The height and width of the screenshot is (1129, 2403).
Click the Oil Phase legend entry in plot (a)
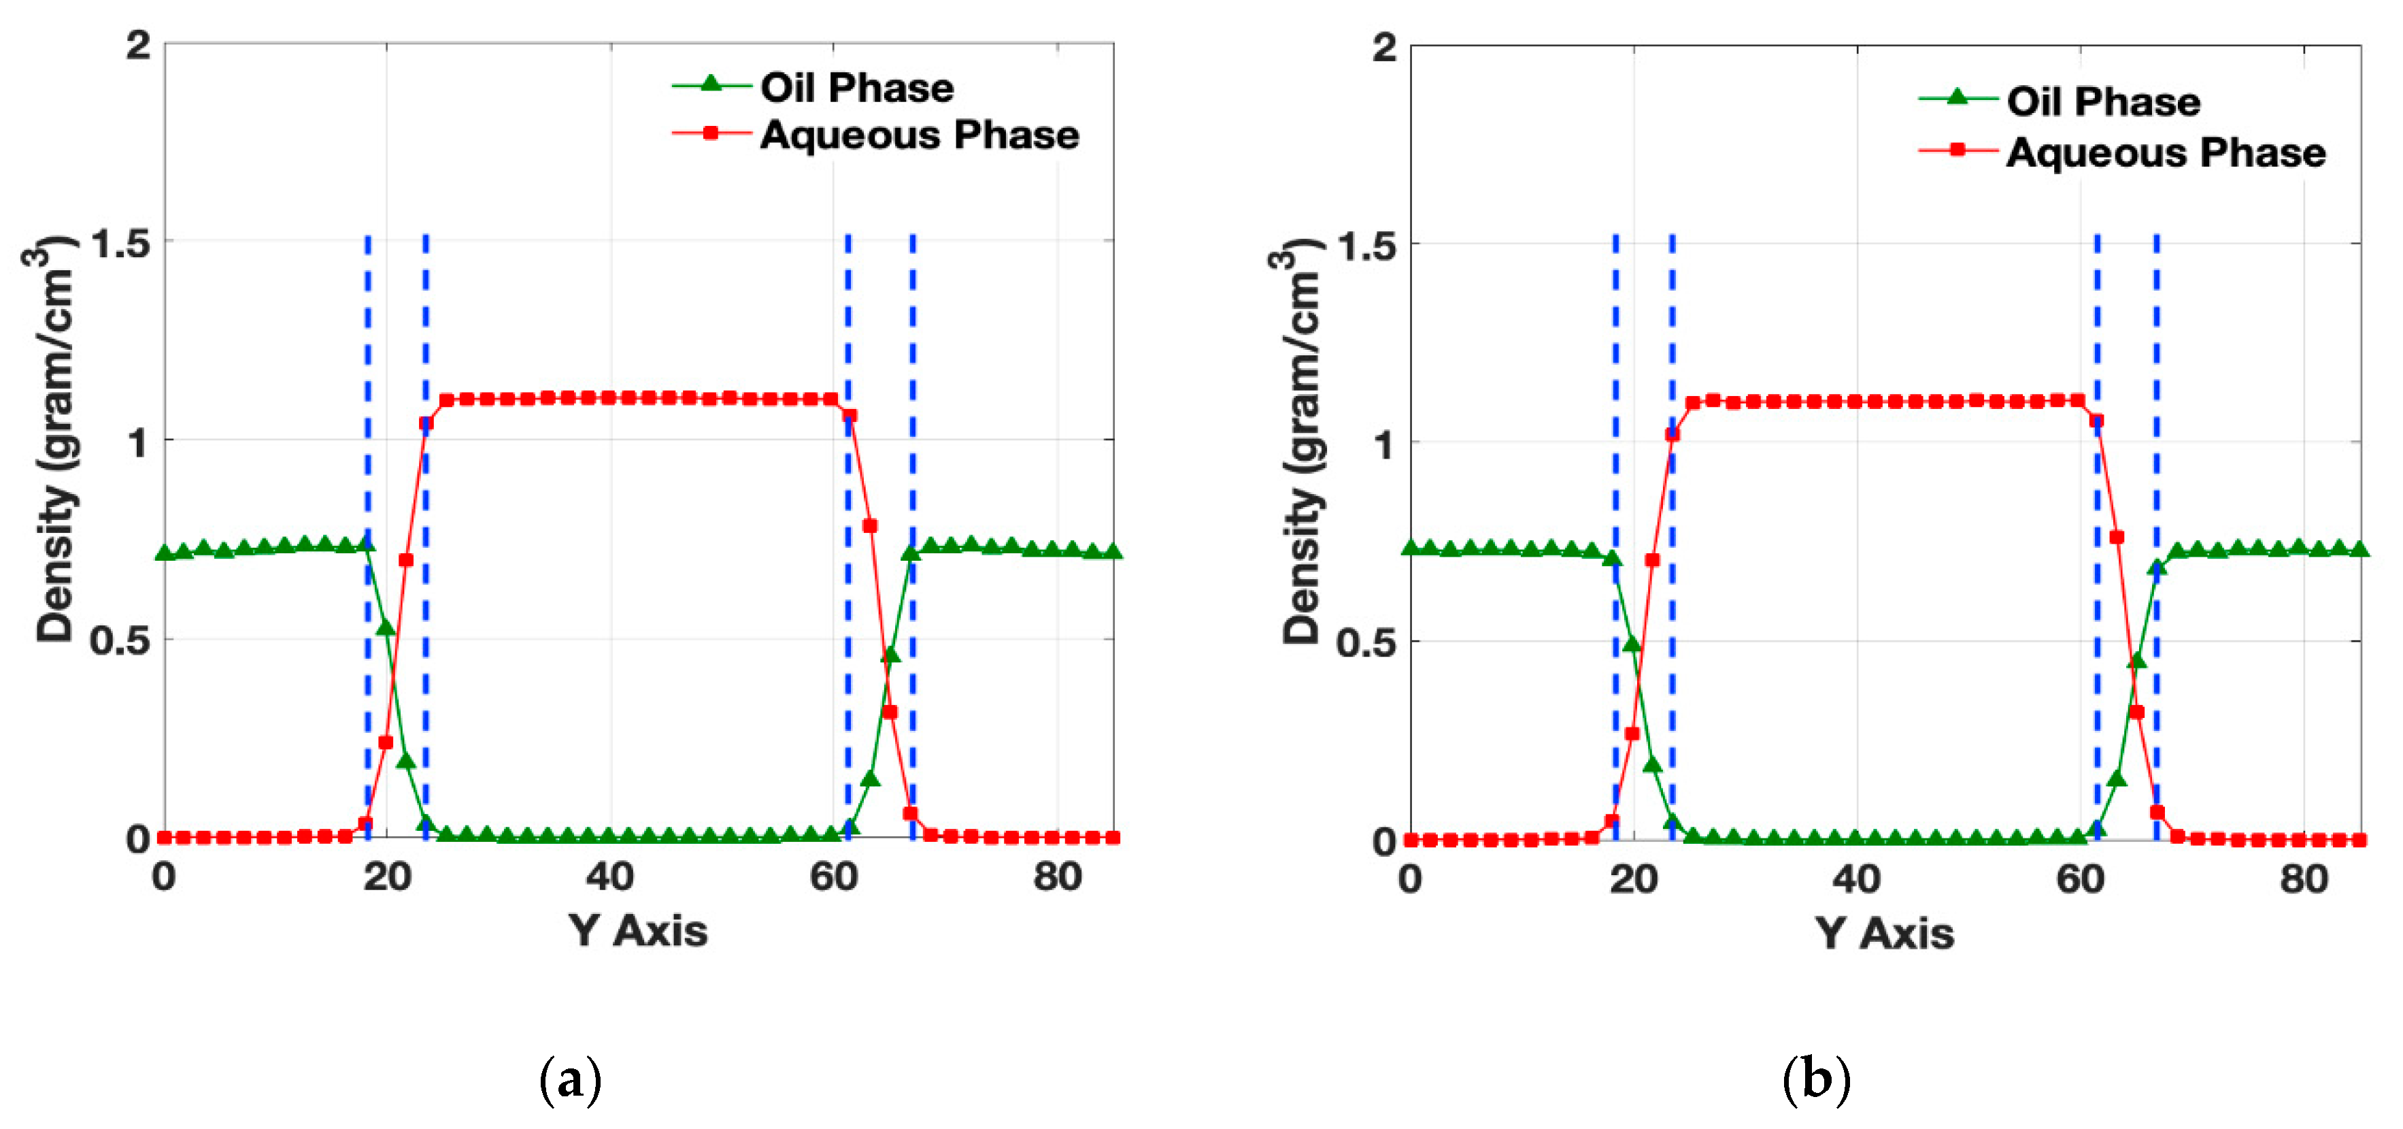point(856,88)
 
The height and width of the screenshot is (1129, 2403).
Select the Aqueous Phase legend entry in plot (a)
point(919,135)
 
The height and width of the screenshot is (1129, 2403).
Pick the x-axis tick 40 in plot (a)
point(610,877)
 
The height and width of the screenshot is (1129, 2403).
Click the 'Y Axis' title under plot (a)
point(638,931)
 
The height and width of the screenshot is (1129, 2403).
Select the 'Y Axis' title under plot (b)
point(1884,933)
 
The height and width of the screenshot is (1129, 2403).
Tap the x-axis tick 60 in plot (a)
point(833,877)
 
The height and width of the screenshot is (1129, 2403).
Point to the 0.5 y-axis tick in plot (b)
point(1366,642)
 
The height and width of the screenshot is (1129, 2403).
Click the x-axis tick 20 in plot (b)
point(1634,879)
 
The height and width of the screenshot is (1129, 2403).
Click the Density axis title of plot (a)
point(54,438)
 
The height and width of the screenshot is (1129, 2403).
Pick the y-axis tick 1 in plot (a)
point(138,442)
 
